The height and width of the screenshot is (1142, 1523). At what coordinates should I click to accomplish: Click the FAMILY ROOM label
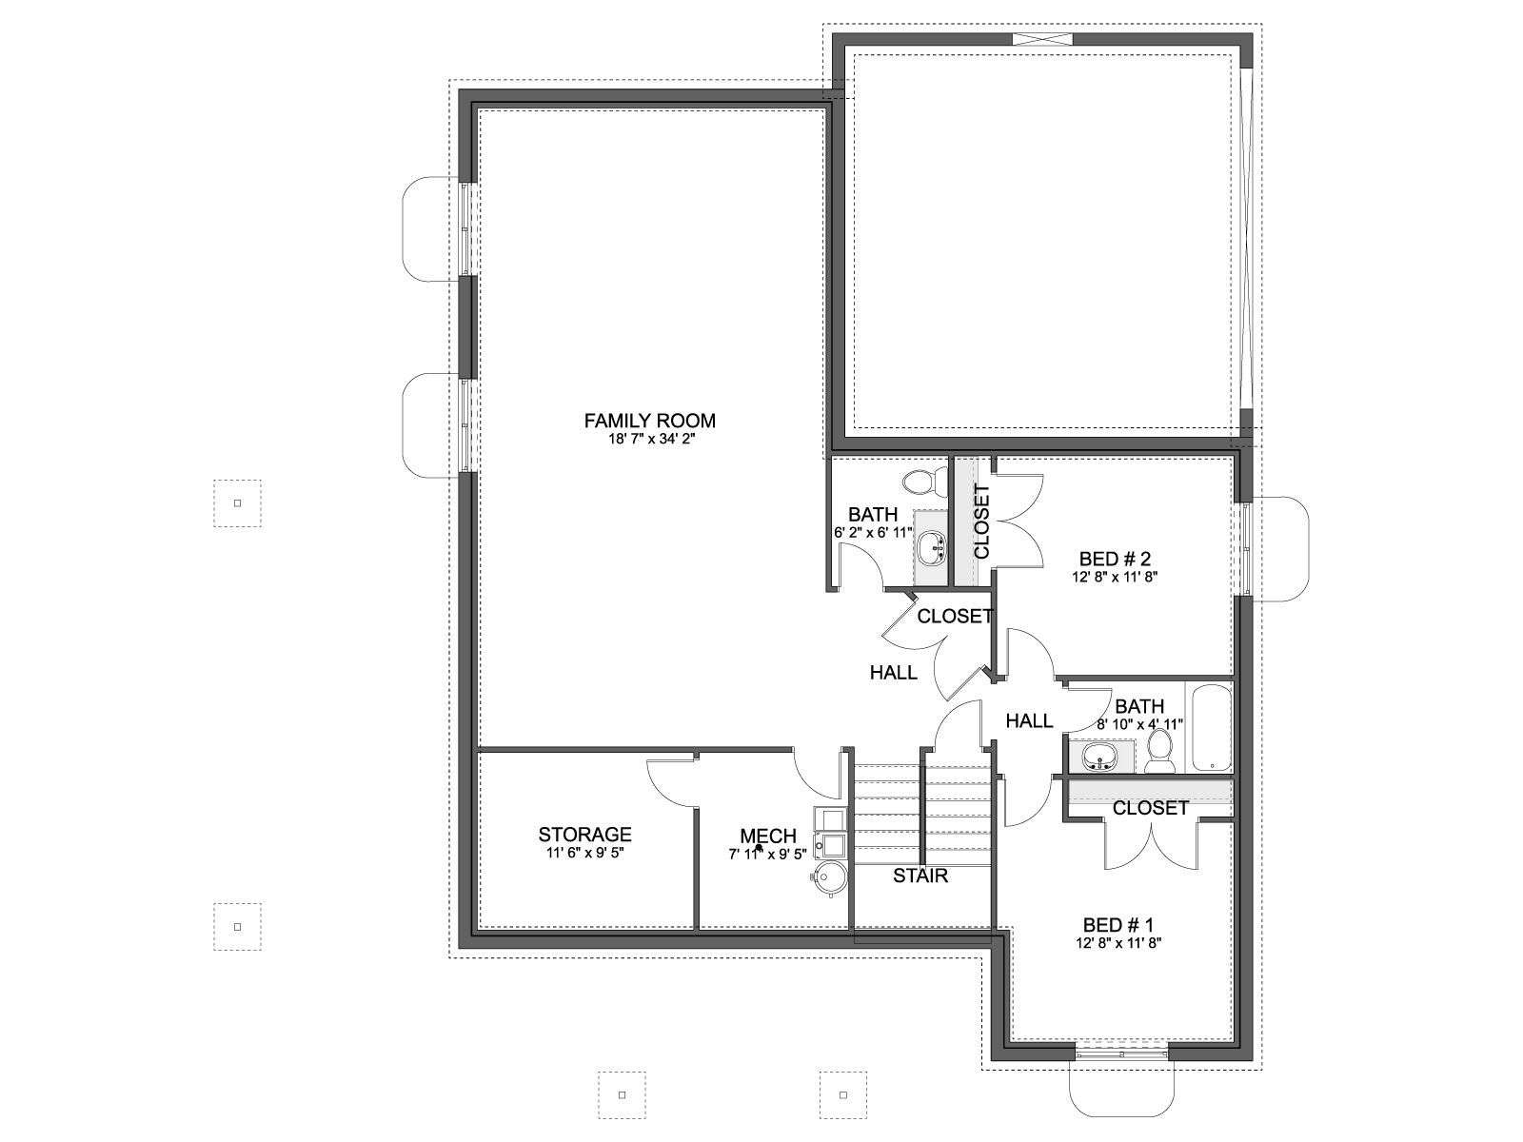pyautogui.click(x=649, y=421)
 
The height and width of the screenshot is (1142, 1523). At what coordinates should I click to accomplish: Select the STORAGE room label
pyautogui.click(x=584, y=834)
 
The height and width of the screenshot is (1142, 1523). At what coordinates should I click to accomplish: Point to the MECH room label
pyautogui.click(x=767, y=837)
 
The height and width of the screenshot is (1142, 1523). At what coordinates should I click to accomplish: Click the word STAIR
pyautogui.click(x=920, y=876)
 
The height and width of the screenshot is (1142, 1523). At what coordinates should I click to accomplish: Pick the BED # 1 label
pyautogui.click(x=1118, y=925)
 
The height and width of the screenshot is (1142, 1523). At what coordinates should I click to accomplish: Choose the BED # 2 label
pyautogui.click(x=1115, y=559)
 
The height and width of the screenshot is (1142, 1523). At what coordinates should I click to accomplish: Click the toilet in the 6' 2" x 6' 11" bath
pyautogui.click(x=925, y=482)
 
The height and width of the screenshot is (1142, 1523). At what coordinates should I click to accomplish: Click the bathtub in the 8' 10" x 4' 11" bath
pyautogui.click(x=1212, y=727)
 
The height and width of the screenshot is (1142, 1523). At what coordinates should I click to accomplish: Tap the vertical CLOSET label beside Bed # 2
pyautogui.click(x=981, y=522)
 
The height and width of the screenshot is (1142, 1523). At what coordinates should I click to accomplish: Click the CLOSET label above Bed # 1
pyautogui.click(x=1151, y=808)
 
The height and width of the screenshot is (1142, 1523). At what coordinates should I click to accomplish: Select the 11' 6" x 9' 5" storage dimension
pyautogui.click(x=584, y=853)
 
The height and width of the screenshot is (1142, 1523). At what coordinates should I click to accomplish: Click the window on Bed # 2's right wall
pyautogui.click(x=1244, y=548)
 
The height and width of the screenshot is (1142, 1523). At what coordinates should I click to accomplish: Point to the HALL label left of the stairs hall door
pyautogui.click(x=894, y=672)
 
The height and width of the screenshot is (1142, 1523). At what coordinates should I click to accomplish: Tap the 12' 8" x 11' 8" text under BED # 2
pyautogui.click(x=1115, y=576)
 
